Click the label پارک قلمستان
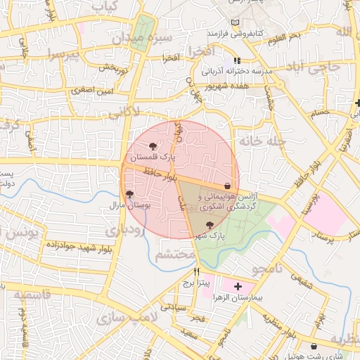click(x=150, y=155)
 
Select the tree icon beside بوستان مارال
click(x=129, y=194)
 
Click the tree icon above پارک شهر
click(x=209, y=226)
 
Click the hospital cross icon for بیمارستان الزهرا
click(x=238, y=286)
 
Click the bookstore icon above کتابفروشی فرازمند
click(x=234, y=22)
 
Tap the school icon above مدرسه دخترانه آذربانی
click(x=238, y=60)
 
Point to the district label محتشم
click(x=174, y=253)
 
